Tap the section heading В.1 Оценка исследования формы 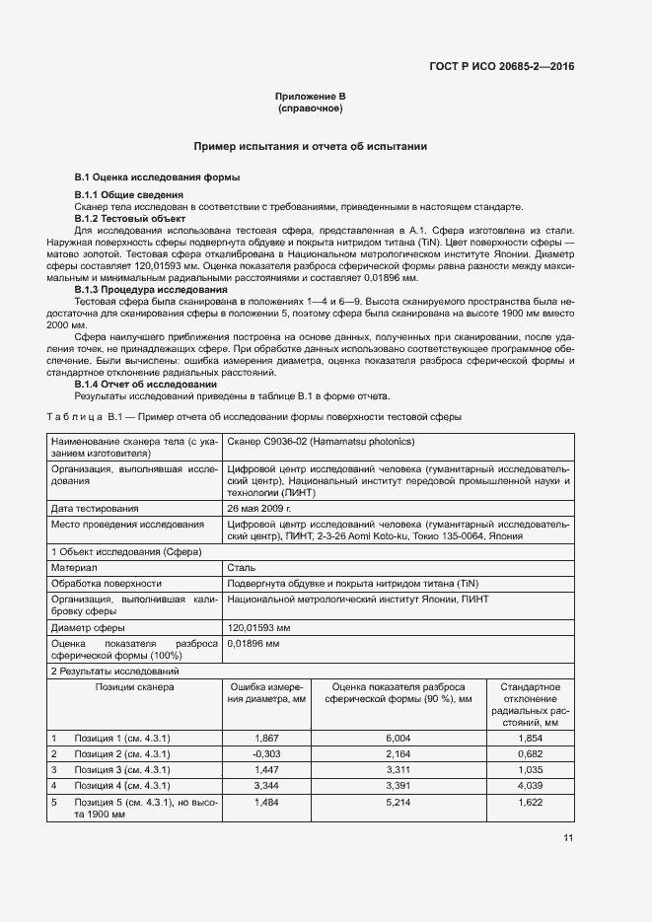[157, 177]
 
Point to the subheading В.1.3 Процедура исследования [151, 291]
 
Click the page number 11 [568, 838]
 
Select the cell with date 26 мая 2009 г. [259, 508]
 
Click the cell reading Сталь [241, 568]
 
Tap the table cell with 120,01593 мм [258, 627]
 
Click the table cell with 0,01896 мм [254, 643]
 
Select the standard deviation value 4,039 [531, 785]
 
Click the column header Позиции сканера [135, 686]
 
